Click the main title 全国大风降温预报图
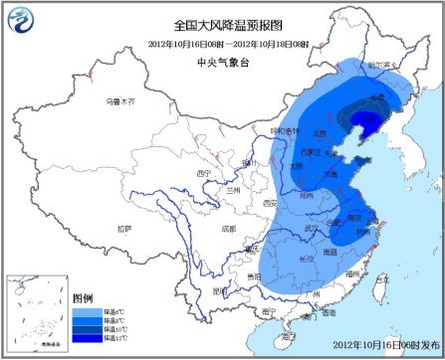tap(222, 23)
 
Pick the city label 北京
tap(321, 131)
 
